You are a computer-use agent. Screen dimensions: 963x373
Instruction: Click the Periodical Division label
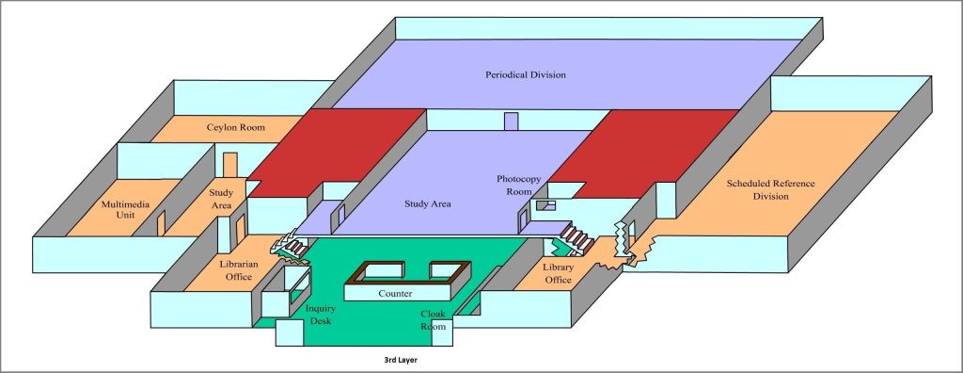[x=525, y=74]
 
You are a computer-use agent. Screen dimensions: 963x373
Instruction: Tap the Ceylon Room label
[x=235, y=127]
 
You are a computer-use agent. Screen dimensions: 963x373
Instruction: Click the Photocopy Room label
[x=514, y=185]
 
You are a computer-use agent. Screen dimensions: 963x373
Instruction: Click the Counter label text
[x=396, y=294]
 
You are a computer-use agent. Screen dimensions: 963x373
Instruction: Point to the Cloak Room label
[x=433, y=320]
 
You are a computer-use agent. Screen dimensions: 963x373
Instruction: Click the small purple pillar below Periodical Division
[x=511, y=122]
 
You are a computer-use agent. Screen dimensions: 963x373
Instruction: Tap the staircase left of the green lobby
[x=292, y=247]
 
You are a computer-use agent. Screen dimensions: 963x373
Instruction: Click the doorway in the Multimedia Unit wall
[x=161, y=222]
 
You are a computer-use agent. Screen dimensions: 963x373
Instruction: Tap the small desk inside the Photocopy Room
[x=545, y=204]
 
